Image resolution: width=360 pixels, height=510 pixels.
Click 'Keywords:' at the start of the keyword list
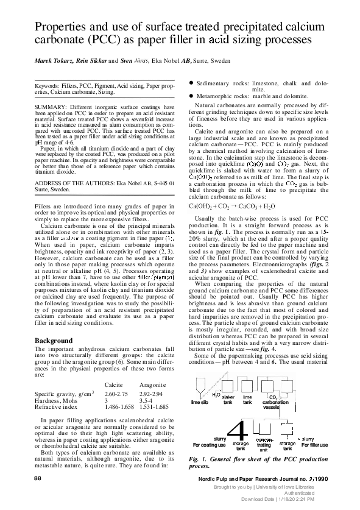(x=49, y=87)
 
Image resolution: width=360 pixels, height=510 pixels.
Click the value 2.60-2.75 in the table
(x=118, y=378)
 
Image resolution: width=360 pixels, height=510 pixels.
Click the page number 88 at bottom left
(x=38, y=481)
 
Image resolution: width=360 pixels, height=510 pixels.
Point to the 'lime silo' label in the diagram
(x=200, y=403)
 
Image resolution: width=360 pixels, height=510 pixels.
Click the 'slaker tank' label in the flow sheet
(x=228, y=402)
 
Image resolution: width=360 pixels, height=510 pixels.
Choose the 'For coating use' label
(x=210, y=445)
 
